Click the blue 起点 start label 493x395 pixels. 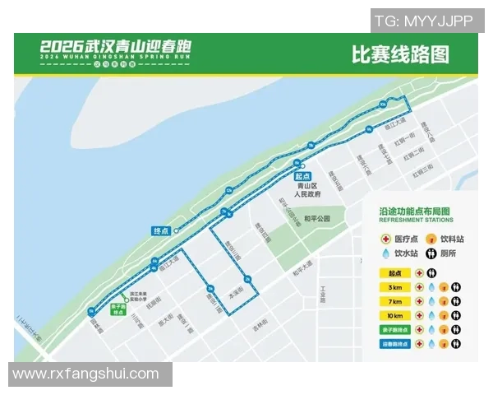coord(302,175)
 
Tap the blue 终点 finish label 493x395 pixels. coord(161,230)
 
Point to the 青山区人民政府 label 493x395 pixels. coord(309,191)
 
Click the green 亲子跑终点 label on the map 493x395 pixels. coord(117,310)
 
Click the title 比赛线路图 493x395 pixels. coord(400,55)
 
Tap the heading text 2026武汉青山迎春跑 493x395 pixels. coord(116,49)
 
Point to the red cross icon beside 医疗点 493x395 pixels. coord(386,239)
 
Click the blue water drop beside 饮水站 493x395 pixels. coord(386,254)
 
